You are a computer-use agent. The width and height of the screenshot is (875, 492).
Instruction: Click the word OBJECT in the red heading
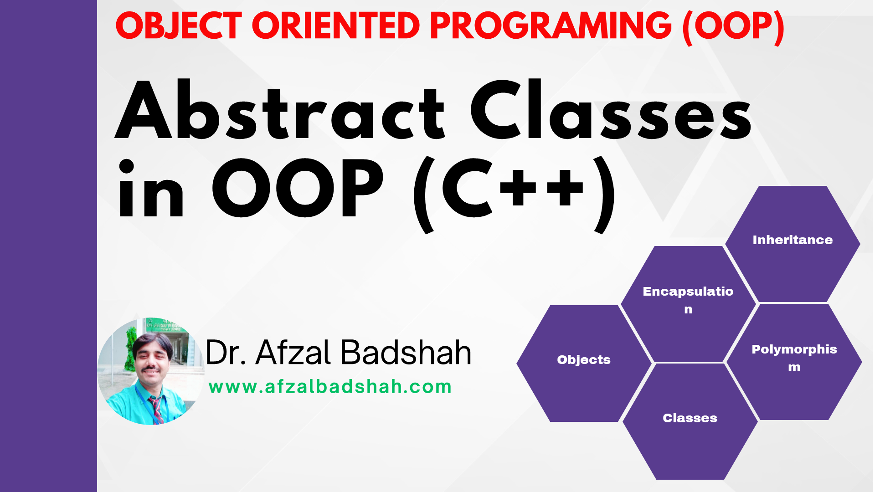pyautogui.click(x=179, y=26)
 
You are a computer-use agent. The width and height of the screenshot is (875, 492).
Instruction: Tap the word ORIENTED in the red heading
pyautogui.click(x=335, y=26)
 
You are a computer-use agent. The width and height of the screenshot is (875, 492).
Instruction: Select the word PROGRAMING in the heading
pyautogui.click(x=551, y=26)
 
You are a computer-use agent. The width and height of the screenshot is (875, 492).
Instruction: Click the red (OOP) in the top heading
pyautogui.click(x=733, y=27)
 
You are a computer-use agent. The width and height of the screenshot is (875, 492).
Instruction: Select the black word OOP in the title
pyautogui.click(x=298, y=188)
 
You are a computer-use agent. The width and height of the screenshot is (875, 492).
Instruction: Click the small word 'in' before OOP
pyautogui.click(x=151, y=189)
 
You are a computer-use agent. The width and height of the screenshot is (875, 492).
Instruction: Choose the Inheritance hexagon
pyautogui.click(x=793, y=244)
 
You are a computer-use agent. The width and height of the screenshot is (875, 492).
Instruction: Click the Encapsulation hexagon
pyautogui.click(x=688, y=304)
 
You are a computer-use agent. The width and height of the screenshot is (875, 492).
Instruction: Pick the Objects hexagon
pyautogui.click(x=584, y=363)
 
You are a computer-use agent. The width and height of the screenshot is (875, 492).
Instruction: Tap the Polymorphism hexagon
pyautogui.click(x=794, y=362)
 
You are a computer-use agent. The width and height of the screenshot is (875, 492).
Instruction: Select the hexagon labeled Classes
pyautogui.click(x=690, y=421)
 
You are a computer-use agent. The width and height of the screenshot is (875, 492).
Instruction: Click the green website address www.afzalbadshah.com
pyautogui.click(x=330, y=387)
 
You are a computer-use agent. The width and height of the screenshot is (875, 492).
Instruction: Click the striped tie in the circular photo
pyautogui.click(x=156, y=410)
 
